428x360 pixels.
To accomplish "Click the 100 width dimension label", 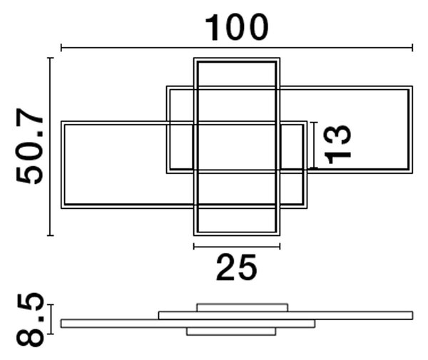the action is click(x=237, y=27).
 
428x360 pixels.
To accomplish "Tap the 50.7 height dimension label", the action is click(x=30, y=146).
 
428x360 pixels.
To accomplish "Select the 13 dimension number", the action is click(x=337, y=144).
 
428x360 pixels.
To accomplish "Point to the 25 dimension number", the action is click(x=236, y=267).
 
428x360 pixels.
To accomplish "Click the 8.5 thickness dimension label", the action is click(x=30, y=320).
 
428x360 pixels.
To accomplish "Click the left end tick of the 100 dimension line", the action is click(x=61, y=48).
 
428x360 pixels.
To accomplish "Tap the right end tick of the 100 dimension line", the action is click(x=412, y=48).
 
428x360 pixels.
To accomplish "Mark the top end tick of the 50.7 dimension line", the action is click(x=50, y=58).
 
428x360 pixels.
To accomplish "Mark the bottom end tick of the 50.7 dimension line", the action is click(x=50, y=235).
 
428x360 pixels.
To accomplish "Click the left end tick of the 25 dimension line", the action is click(x=194, y=247).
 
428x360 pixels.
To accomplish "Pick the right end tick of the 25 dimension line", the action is click(x=280, y=247).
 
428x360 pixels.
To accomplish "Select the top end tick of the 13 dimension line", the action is click(x=314, y=123).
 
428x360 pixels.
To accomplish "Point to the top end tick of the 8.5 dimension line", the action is click(x=51, y=304).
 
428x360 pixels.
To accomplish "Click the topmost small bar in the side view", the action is click(x=243, y=307).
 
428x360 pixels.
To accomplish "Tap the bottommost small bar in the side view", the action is click(x=231, y=331).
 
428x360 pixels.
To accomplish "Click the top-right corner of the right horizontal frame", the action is click(x=412, y=86).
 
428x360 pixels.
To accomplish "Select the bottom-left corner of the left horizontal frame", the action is click(x=61, y=209).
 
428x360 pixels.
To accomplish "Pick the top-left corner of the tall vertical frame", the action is click(x=194, y=58).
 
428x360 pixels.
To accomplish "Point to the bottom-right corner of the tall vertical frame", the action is click(x=280, y=235).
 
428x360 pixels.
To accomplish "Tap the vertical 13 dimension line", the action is click(x=314, y=145).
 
